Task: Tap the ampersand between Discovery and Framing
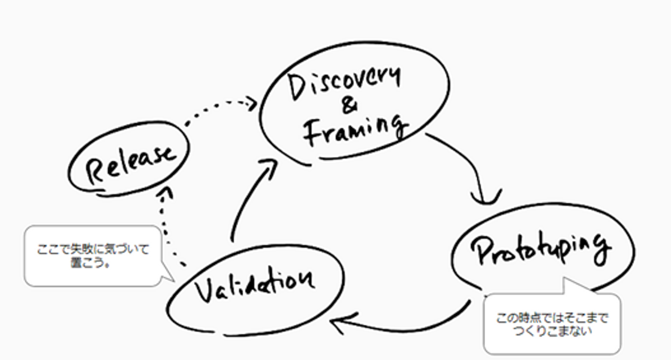(x=350, y=107)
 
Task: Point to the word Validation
(x=254, y=285)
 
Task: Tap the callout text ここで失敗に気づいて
(x=93, y=250)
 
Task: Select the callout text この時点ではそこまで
(x=552, y=319)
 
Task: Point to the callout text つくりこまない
(x=552, y=332)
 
